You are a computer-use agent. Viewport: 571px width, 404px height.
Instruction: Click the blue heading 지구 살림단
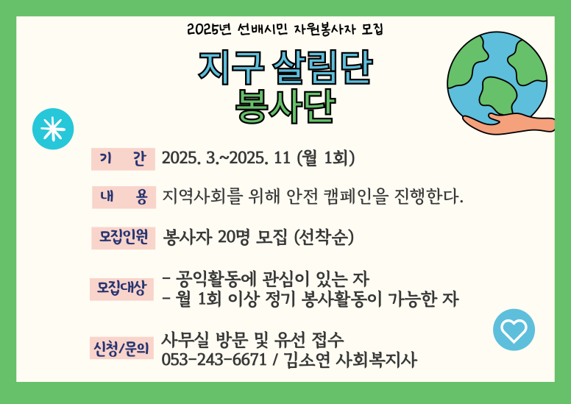tap(285, 68)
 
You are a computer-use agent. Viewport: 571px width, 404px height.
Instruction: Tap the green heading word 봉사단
tap(285, 106)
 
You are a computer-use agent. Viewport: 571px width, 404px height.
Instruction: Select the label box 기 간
tap(123, 159)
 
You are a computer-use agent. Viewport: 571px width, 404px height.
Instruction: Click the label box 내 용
tap(124, 197)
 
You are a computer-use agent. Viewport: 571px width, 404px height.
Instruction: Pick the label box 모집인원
tap(123, 238)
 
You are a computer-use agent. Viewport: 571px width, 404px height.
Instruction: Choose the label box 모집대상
tap(121, 289)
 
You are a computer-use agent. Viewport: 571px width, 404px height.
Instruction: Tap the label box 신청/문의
tap(121, 348)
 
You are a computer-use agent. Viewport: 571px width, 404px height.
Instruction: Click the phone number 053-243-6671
tap(214, 361)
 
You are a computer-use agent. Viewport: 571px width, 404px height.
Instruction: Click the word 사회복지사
tap(376, 361)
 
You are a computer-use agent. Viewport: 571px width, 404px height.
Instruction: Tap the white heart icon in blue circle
tap(514, 330)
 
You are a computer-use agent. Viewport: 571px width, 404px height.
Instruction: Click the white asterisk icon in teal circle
tap(53, 129)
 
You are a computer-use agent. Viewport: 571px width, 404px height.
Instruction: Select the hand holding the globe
tap(510, 123)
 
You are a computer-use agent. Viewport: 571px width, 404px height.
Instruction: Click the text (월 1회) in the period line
tap(325, 158)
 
